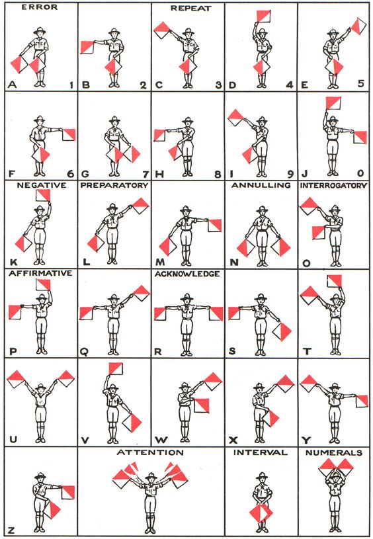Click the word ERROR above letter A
39,7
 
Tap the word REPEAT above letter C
190,8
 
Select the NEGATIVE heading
42,185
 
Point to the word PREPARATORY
114,185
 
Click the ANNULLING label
261,185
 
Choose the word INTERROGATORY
334,186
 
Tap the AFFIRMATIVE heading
40,273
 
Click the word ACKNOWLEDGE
187,274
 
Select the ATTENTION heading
150,452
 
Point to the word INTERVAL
261,452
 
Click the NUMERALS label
334,453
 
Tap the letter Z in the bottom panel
11,530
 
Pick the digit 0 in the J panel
360,173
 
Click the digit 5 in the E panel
360,83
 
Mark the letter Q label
83,352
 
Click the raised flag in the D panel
264,16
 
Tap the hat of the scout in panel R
186,297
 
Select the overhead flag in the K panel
43,196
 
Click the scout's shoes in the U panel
40,440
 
